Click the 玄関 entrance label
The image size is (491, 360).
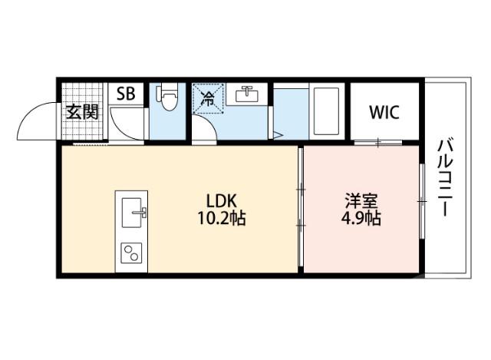point(82,112)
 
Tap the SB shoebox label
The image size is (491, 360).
point(126,94)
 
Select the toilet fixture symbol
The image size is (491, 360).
point(167,97)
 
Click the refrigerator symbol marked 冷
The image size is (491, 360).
point(207,97)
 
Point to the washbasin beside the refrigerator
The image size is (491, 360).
point(246,96)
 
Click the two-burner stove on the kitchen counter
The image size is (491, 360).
point(132,251)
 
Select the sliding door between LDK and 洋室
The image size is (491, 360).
point(301,207)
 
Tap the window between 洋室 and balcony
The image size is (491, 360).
point(421,201)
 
